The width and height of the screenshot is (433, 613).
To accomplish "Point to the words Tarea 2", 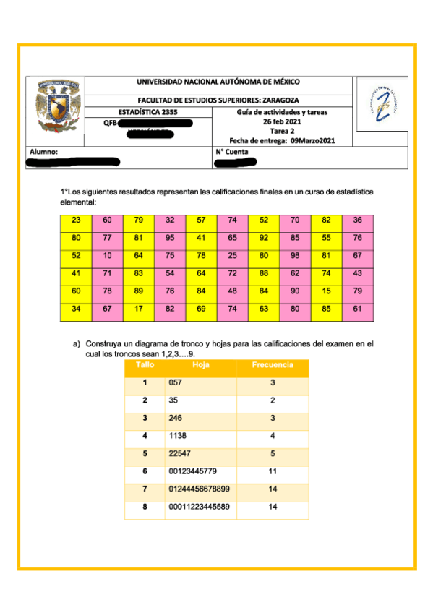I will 282,132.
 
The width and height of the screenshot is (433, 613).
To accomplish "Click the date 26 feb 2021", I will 282,122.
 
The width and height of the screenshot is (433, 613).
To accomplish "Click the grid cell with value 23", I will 77,220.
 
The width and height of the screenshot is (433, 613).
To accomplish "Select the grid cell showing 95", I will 170,237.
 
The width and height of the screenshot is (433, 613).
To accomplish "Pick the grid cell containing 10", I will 108,254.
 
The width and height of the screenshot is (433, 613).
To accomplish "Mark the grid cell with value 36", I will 357,220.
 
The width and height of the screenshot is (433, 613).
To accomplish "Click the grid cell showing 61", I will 357,309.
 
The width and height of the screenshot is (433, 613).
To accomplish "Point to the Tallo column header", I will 145,366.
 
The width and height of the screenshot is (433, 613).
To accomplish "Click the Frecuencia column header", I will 273,366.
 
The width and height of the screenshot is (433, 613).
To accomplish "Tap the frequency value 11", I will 273,471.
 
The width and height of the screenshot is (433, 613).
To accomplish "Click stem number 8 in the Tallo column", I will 145,507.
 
